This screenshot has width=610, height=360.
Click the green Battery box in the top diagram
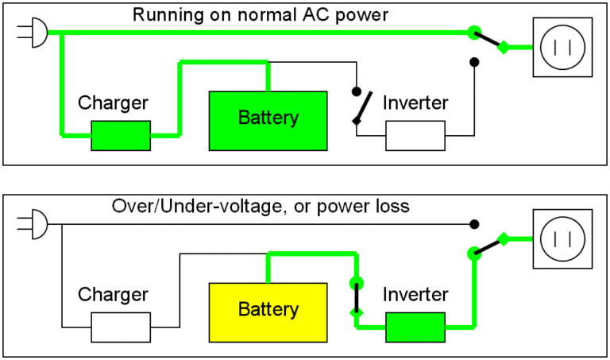tap(268, 121)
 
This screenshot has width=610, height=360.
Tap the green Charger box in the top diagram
tap(121, 135)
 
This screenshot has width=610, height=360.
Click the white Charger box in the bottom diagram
tap(121, 327)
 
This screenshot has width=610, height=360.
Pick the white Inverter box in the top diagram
tap(415, 136)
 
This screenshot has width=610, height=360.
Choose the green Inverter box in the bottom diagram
tap(415, 327)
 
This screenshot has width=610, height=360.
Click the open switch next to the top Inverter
tap(362, 106)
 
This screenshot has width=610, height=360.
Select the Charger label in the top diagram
tap(113, 103)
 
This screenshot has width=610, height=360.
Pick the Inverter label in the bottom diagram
tap(415, 295)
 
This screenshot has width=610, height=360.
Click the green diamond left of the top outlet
tap(502, 48)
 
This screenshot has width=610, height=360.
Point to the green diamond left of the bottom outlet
tap(502, 238)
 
